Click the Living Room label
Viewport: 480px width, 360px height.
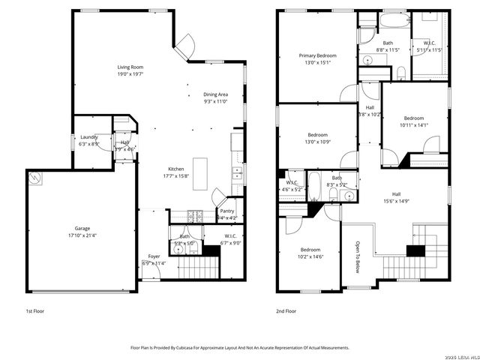point(130,67)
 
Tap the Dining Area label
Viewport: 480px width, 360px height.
point(215,94)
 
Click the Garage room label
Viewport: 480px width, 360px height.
point(82,228)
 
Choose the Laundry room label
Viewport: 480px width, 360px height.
point(88,137)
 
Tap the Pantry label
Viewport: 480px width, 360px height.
point(226,211)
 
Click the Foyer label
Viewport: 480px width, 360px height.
point(153,256)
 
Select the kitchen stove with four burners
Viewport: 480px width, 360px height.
point(195,216)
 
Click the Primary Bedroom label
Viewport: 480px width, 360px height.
point(317,55)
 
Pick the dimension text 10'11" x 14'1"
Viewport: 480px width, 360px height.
point(414,126)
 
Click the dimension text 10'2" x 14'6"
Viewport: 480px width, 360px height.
point(310,257)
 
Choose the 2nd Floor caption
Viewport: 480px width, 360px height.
point(286,310)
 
